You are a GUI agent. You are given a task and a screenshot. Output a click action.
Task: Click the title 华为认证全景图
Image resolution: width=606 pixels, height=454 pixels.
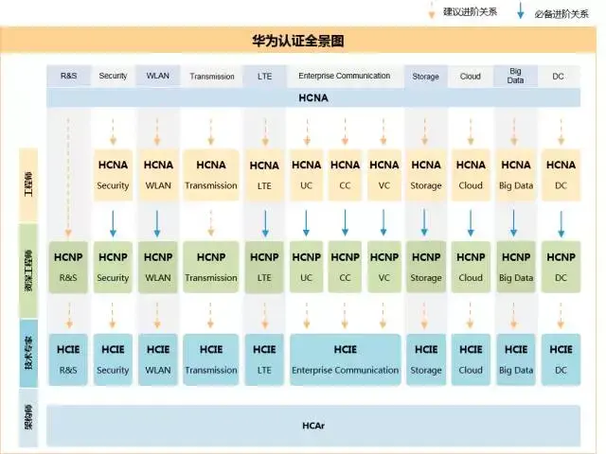coord(304,41)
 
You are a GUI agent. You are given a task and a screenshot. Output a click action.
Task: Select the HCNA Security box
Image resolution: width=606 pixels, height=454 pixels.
coord(113,174)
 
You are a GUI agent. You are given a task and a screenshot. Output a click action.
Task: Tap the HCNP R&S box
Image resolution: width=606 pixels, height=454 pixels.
coord(68,267)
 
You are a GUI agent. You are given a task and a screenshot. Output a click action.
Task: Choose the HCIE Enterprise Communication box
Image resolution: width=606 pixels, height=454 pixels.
coord(345,359)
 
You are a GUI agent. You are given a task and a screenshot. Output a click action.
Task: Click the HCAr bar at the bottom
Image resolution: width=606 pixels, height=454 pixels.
coord(313,426)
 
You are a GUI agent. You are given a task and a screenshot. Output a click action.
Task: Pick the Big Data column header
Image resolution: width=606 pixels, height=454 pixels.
coord(516,76)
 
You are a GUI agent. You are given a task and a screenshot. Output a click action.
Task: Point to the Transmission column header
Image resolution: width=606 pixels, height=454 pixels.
coord(212,76)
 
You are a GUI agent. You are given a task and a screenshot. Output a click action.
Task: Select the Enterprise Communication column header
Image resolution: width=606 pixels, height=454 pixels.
coord(344,76)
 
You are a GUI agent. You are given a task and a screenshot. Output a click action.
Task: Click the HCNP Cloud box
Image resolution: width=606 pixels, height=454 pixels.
coord(471,267)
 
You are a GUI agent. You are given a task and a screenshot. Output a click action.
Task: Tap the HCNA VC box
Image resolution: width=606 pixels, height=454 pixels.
coord(383,174)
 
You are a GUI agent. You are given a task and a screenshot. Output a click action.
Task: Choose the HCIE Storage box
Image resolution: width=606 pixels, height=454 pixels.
coord(426,359)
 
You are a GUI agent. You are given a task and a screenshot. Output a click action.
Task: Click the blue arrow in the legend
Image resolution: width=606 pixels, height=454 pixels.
coord(520,13)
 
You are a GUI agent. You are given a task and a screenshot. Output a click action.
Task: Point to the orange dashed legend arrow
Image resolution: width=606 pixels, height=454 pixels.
coord(431,13)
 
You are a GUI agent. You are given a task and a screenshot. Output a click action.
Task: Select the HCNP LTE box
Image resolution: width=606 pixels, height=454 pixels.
coord(264,267)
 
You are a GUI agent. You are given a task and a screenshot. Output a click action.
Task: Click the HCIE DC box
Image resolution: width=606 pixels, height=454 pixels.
coord(561,359)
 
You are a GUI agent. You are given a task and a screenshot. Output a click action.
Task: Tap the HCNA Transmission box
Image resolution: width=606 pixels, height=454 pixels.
coord(211,174)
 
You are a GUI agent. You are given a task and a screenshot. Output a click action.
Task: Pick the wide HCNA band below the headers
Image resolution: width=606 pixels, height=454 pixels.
coord(313,97)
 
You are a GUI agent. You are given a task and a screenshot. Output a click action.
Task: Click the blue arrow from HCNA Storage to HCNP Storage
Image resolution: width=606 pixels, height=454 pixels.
coord(426,222)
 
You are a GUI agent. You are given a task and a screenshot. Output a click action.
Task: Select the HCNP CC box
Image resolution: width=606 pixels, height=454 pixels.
coord(345,267)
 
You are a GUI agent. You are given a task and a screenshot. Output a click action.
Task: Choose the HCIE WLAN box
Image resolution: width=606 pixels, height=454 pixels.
coord(158,359)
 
